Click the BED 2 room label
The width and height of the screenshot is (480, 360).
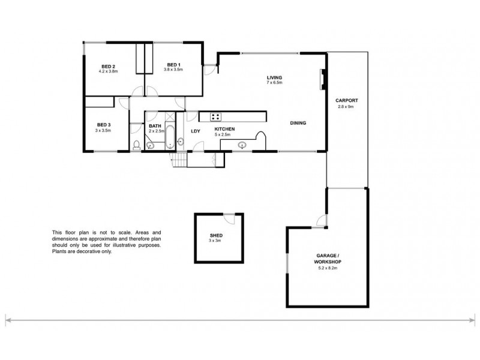109,65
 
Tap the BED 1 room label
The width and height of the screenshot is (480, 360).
173,65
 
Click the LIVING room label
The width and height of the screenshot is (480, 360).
275,77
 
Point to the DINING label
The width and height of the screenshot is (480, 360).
298,123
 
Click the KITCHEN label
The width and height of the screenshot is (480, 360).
224,129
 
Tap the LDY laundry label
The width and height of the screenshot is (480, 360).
195,130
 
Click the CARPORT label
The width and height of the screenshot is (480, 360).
348,101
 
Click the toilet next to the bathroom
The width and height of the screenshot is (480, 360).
136,144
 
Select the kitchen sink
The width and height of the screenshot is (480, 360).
243,145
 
